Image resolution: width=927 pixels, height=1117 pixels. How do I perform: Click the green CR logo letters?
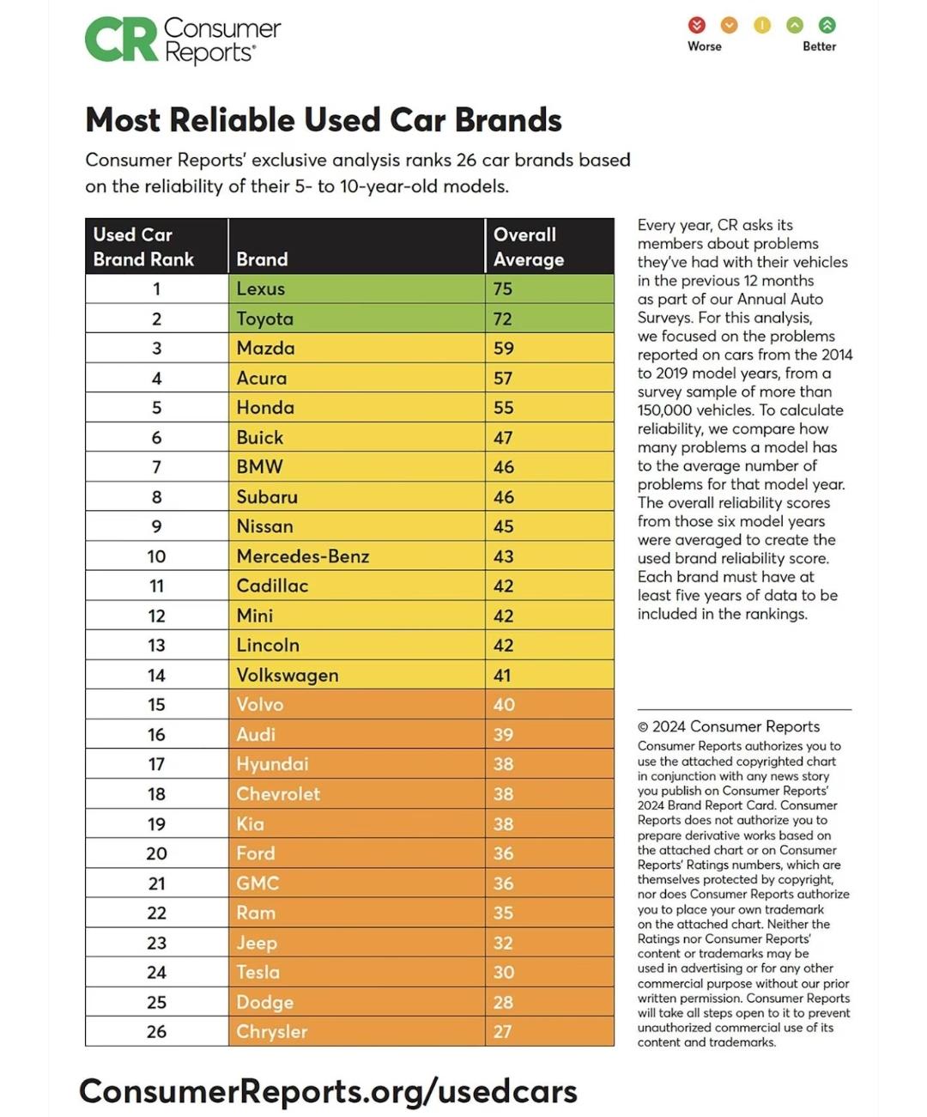[x=121, y=40]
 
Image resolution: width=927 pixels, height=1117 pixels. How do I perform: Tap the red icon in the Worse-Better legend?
[x=697, y=25]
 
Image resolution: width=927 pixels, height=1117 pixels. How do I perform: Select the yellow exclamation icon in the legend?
[x=762, y=25]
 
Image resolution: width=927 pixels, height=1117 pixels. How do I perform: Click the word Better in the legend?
[x=819, y=46]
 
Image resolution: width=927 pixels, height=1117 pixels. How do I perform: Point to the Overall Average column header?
[x=528, y=246]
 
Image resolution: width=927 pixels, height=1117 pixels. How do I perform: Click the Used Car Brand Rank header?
[x=143, y=246]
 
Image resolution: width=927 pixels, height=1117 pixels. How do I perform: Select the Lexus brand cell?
[x=261, y=288]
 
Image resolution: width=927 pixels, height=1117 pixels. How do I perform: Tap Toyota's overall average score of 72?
[x=503, y=319]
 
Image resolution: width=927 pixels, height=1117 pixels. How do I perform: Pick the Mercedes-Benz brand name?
[x=303, y=556]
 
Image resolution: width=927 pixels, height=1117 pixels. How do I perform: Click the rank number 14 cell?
[x=156, y=675]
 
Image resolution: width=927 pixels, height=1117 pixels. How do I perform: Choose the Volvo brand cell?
[x=260, y=705]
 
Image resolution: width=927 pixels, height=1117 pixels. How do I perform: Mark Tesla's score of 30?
[x=504, y=972]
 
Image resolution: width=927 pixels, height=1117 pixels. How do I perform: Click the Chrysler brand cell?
[x=272, y=1031]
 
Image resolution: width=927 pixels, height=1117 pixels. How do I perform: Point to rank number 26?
[x=156, y=1031]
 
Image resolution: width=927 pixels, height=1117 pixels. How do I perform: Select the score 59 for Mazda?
[x=504, y=349]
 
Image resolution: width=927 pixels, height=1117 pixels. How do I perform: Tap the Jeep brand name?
[x=257, y=943]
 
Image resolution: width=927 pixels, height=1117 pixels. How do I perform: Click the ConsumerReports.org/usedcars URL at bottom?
[x=328, y=1091]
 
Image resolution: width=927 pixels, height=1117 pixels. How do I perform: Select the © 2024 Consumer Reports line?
[x=729, y=726]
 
